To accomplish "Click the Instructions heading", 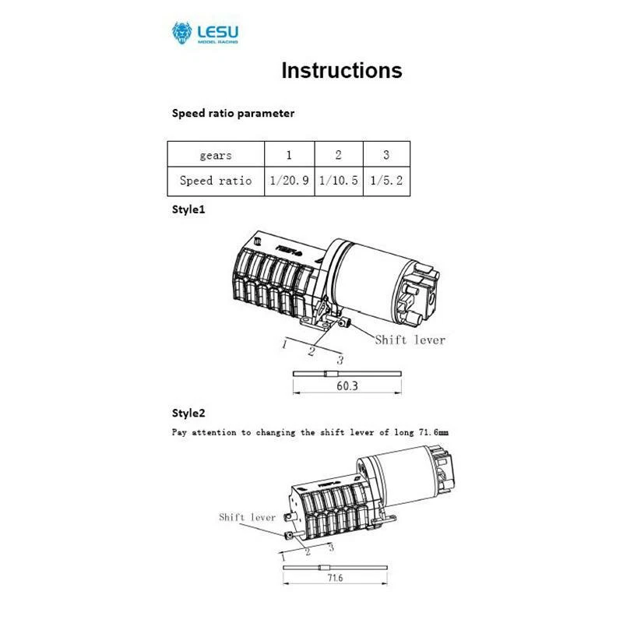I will (341, 71).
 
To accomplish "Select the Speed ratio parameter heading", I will (233, 113).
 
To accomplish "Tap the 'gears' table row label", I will (216, 155).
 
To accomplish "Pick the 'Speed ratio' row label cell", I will (216, 181).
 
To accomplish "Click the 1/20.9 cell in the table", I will (289, 181).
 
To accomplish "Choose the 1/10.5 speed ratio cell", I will (338, 181).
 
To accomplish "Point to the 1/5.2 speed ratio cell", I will (387, 181).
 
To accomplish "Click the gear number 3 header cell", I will (387, 155).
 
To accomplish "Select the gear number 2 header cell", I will (338, 155).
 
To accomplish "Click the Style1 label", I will (188, 210).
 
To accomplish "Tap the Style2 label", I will (188, 413).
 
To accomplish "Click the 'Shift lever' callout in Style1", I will (410, 340).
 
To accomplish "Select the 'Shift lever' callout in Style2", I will (247, 516).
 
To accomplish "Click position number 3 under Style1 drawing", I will (340, 359).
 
